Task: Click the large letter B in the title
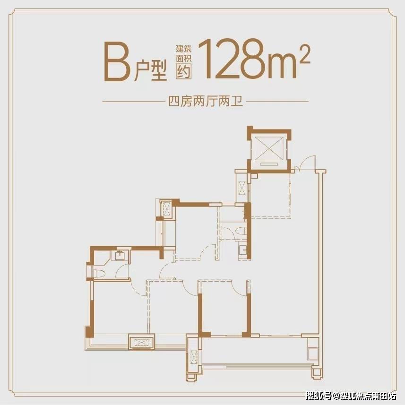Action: point(117,61)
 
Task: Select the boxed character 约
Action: point(184,71)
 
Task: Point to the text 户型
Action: point(151,70)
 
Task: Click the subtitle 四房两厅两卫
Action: point(206,102)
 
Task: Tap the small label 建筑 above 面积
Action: point(184,49)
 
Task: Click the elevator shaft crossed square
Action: point(269,148)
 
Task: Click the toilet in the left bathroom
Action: point(99,274)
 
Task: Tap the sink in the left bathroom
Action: point(120,255)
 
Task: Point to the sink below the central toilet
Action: point(243,250)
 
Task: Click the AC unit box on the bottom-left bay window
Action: point(142,343)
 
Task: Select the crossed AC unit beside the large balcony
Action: point(194,357)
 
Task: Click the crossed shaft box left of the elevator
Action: point(242,188)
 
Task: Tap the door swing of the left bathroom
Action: point(122,271)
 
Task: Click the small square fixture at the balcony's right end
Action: point(313,353)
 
